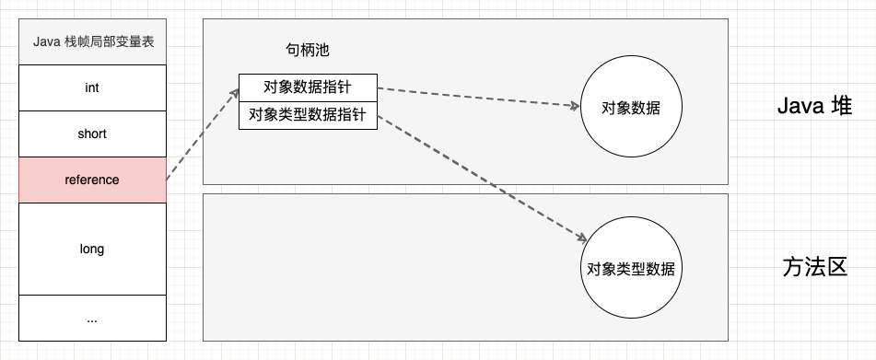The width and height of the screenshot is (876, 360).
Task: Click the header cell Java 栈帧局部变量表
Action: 92,41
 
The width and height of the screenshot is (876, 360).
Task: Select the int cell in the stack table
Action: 92,87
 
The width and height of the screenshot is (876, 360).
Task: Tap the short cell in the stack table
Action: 92,134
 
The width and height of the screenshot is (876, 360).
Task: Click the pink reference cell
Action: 92,180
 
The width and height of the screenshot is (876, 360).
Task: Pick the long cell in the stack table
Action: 92,249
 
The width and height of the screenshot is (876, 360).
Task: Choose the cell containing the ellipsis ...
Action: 92,319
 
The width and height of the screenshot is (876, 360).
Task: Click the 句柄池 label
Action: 309,48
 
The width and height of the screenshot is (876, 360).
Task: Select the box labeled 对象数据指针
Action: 308,87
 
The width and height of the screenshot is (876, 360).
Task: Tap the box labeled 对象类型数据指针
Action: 308,116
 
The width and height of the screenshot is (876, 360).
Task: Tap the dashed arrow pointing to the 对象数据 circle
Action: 479,97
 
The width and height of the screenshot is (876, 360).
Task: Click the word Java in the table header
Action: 46,41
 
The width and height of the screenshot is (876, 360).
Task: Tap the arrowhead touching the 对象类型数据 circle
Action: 582,237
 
